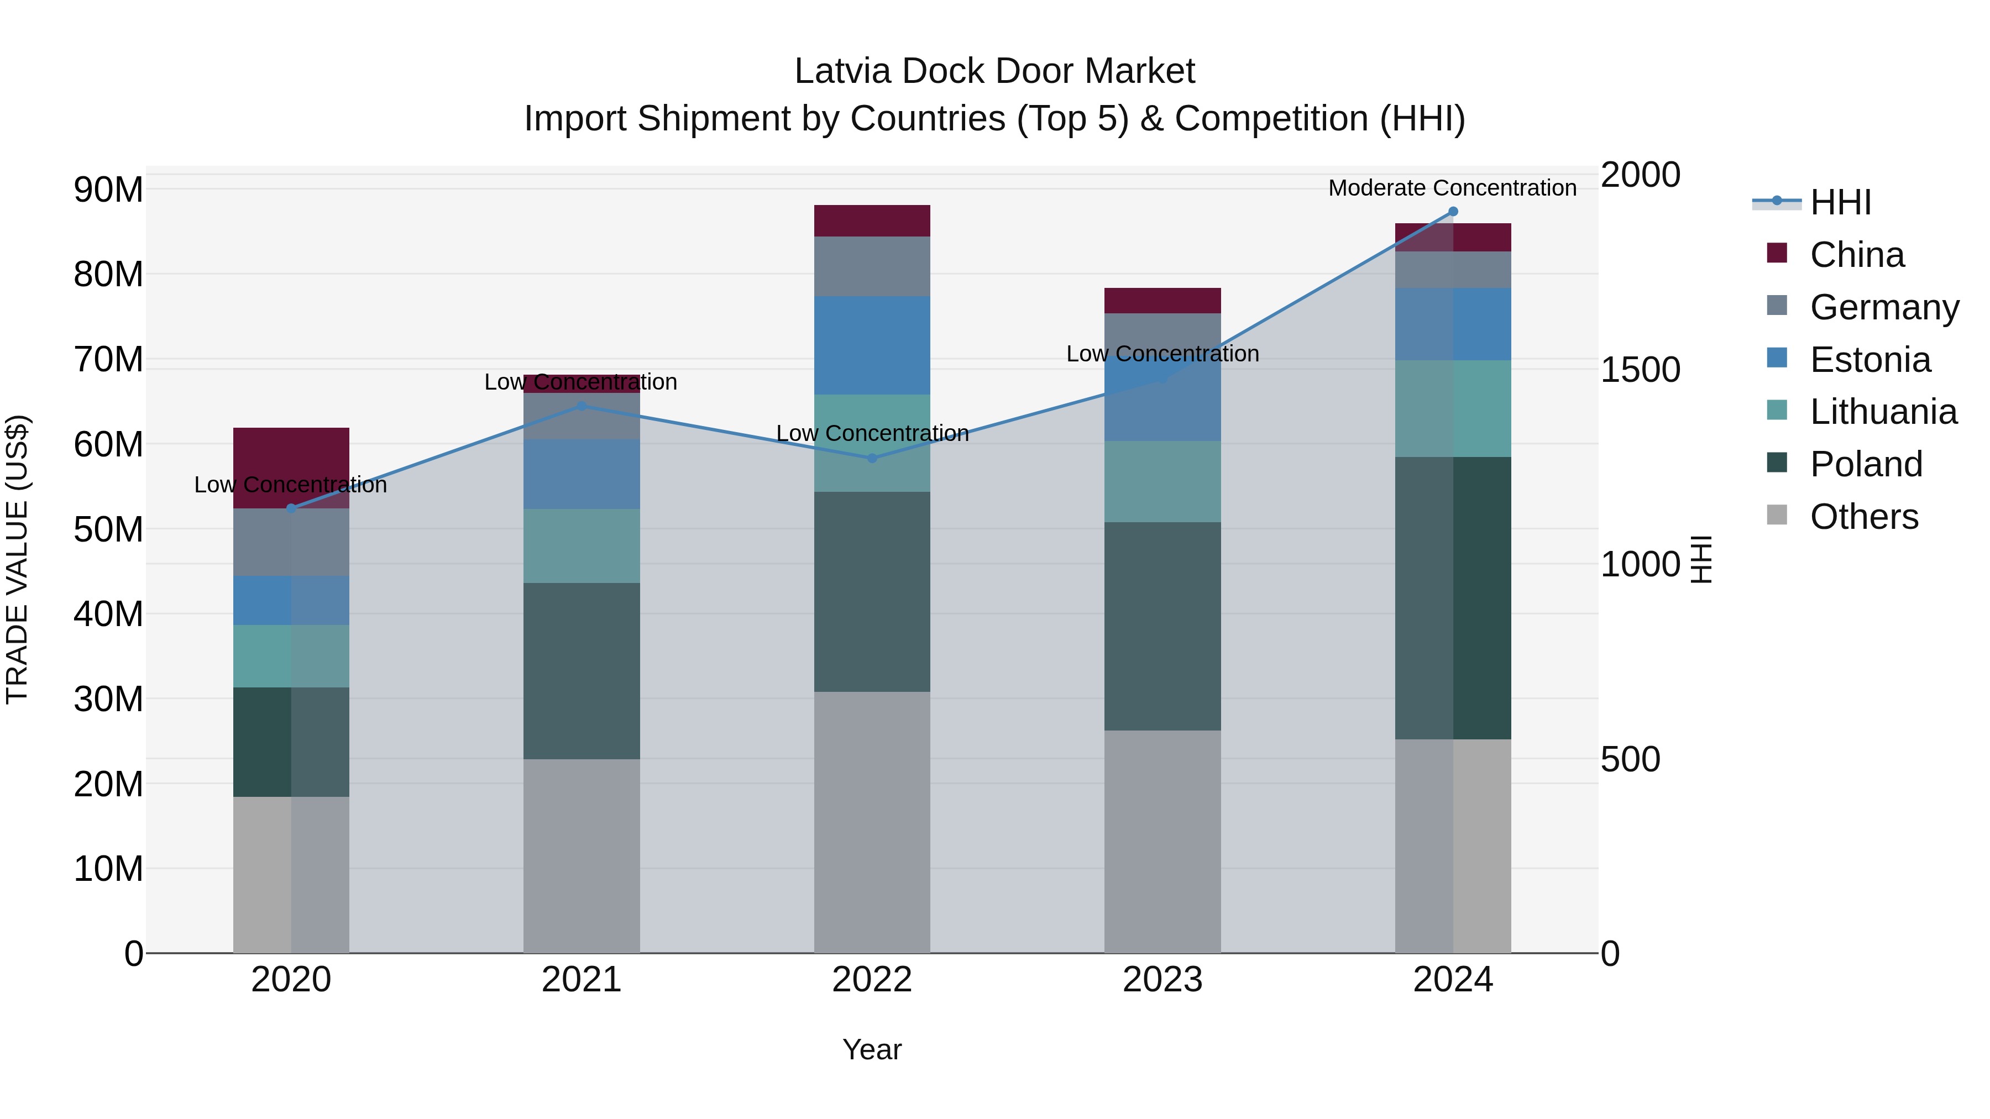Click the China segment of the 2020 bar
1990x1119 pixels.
[x=291, y=456]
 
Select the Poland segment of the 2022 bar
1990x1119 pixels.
[x=872, y=591]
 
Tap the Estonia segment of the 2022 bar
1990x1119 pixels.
[x=872, y=345]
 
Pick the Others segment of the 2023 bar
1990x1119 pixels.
[x=1162, y=842]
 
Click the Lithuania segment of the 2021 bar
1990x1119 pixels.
[x=582, y=545]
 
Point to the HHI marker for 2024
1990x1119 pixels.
[x=1453, y=212]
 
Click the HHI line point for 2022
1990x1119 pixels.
[x=872, y=458]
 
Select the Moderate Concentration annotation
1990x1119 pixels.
[x=1452, y=188]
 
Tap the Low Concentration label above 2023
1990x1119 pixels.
[x=1162, y=354]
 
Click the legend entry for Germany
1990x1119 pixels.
[x=1883, y=307]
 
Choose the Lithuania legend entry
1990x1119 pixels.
[x=1883, y=412]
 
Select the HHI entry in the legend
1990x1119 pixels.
[x=1840, y=202]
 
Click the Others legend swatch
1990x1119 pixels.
[x=1777, y=515]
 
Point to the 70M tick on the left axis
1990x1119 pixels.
[x=108, y=360]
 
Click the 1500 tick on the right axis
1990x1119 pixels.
[x=1640, y=370]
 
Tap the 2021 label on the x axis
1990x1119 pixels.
[x=582, y=980]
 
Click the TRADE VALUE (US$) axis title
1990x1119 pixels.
[x=18, y=559]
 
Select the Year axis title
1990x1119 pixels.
[x=872, y=1049]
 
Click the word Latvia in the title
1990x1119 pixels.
[x=842, y=71]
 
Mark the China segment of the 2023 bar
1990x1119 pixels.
[x=1162, y=301]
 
